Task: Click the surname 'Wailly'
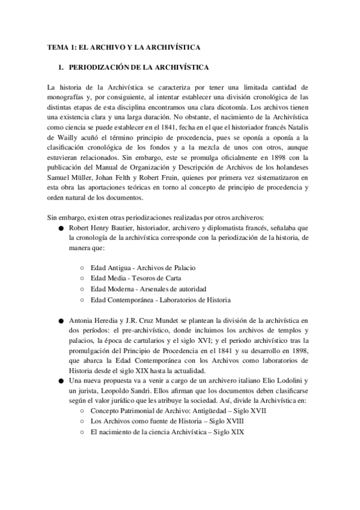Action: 58,136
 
